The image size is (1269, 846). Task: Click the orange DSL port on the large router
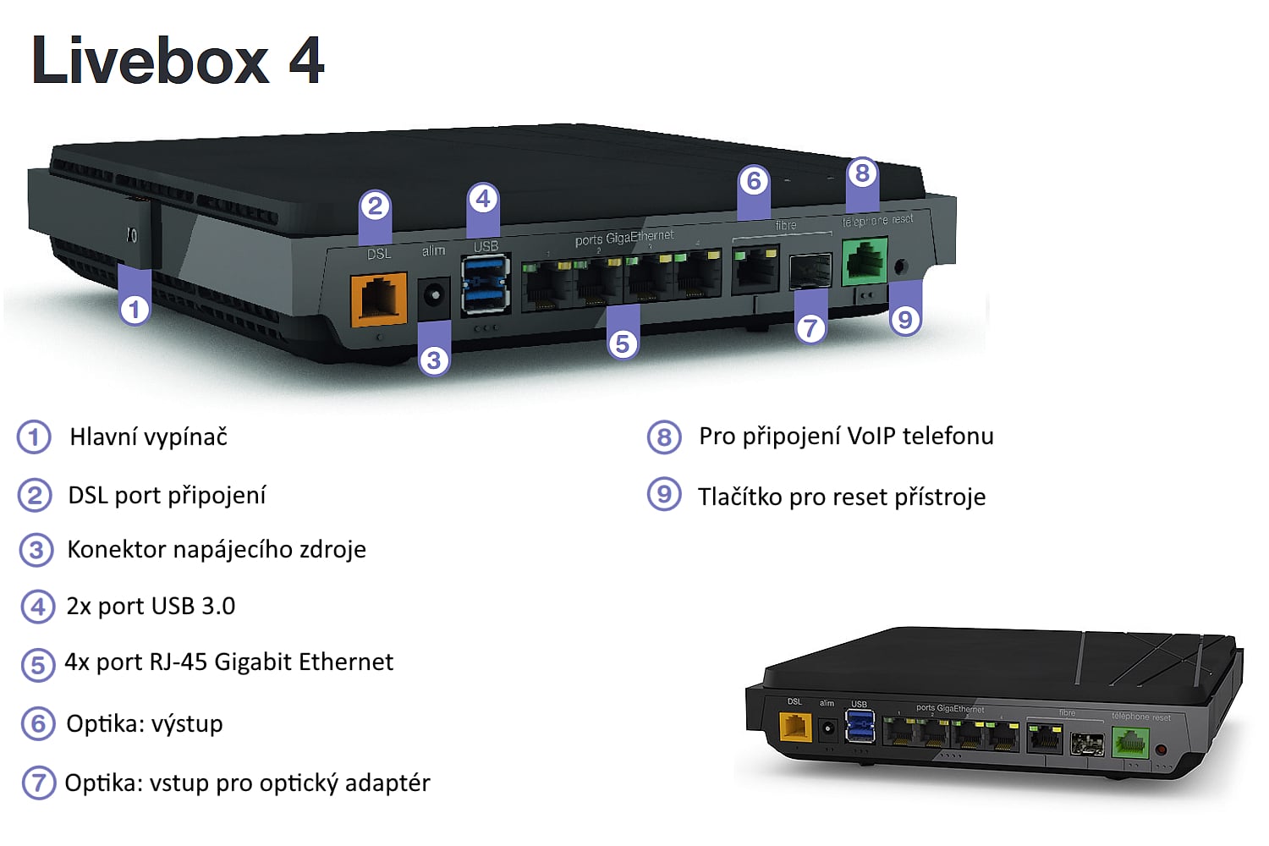(x=379, y=298)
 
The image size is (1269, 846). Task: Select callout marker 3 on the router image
(x=434, y=360)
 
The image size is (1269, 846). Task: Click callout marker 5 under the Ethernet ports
(x=623, y=343)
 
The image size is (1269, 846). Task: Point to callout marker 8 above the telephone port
(x=862, y=173)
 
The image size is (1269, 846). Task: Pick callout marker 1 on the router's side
(x=135, y=309)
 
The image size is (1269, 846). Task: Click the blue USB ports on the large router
(x=486, y=284)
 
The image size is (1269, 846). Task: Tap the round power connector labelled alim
(x=435, y=296)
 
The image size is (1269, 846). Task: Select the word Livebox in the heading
(x=151, y=61)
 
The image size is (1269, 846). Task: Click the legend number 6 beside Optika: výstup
(x=37, y=723)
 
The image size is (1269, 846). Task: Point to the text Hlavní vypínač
(x=148, y=437)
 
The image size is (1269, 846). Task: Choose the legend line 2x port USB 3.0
(x=151, y=606)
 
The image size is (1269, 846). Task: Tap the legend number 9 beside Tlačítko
(x=664, y=494)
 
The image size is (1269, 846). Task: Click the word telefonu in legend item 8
(x=948, y=436)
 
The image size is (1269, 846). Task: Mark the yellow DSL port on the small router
(x=795, y=727)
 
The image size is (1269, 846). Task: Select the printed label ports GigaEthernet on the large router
(x=624, y=239)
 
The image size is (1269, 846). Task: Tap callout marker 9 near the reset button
(x=905, y=319)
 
